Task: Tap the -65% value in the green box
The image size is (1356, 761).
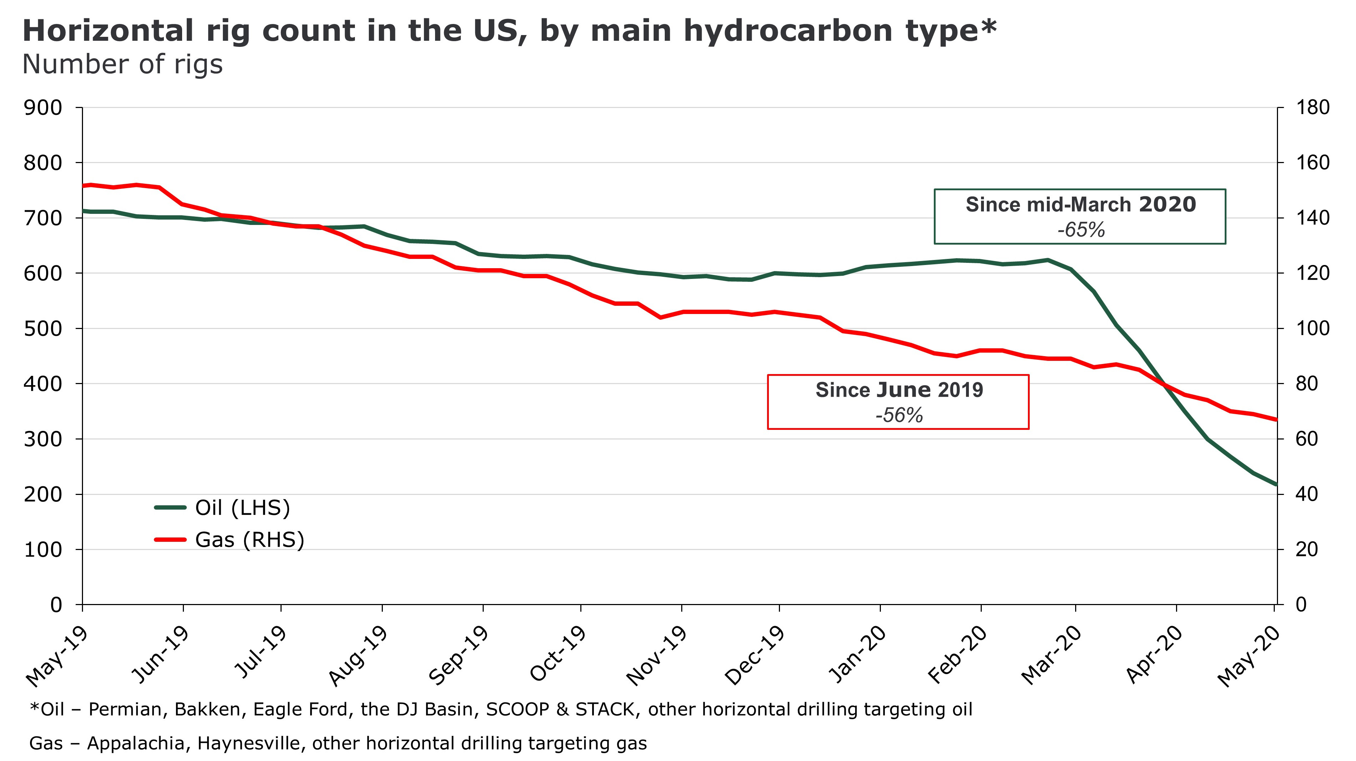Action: point(1081,230)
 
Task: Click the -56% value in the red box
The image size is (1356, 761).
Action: point(899,415)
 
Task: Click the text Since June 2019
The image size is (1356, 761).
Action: point(899,390)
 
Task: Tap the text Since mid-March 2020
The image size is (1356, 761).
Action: point(1081,205)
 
